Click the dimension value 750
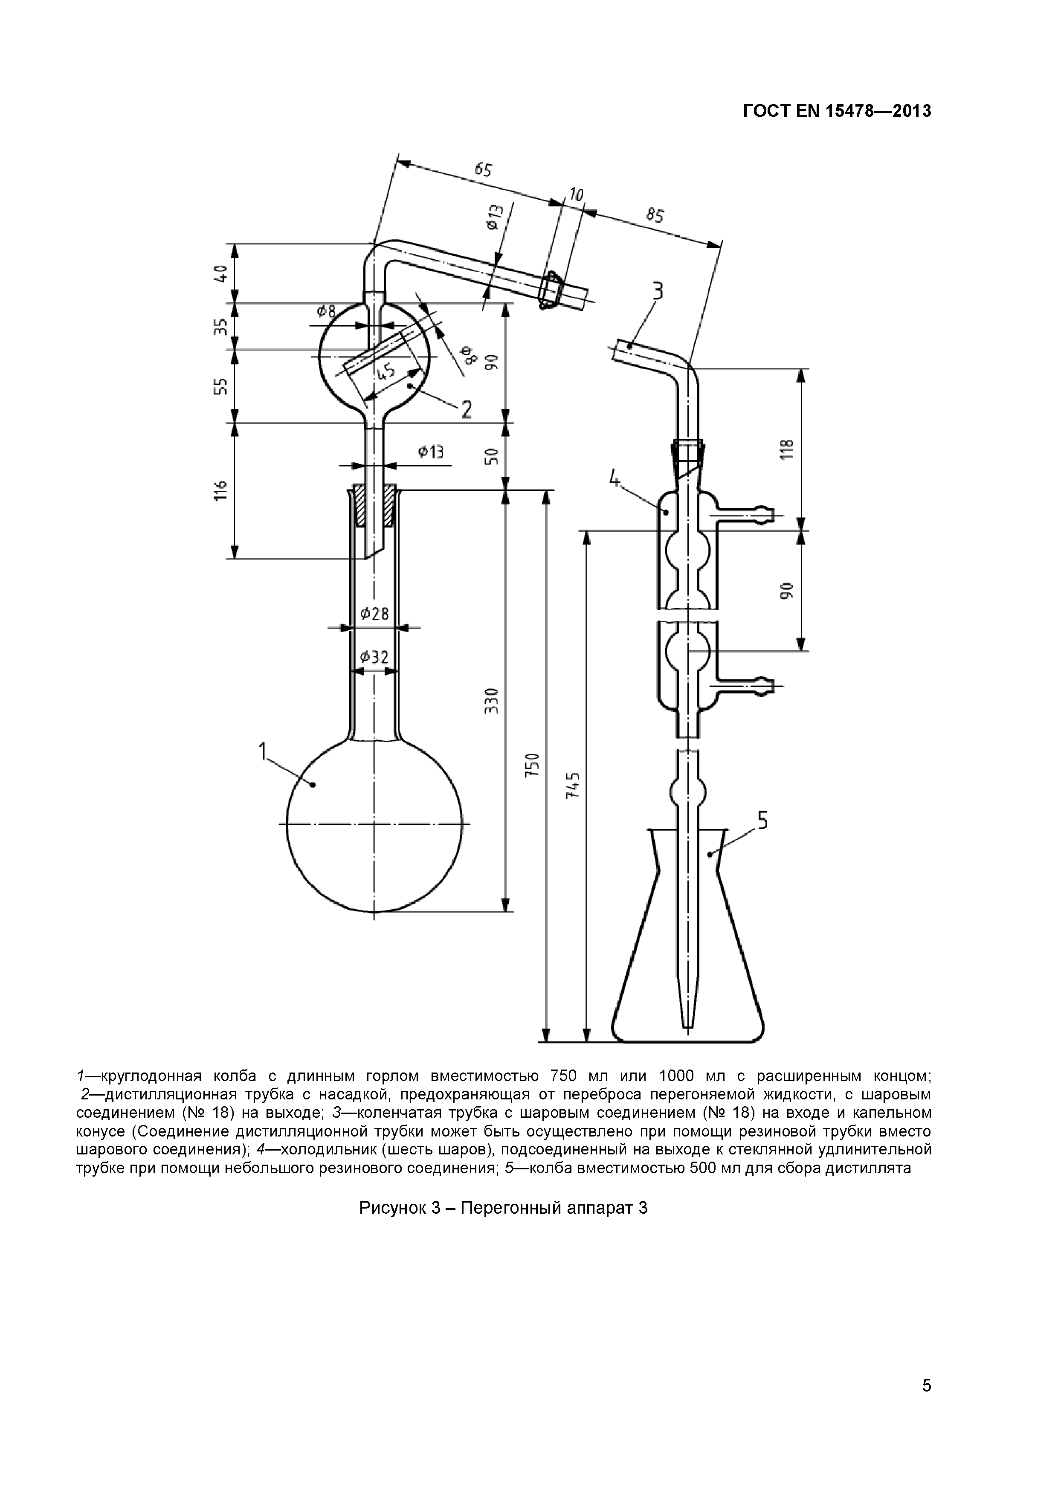click(533, 765)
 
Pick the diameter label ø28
click(374, 613)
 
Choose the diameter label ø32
click(374, 658)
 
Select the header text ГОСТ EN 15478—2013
click(837, 111)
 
